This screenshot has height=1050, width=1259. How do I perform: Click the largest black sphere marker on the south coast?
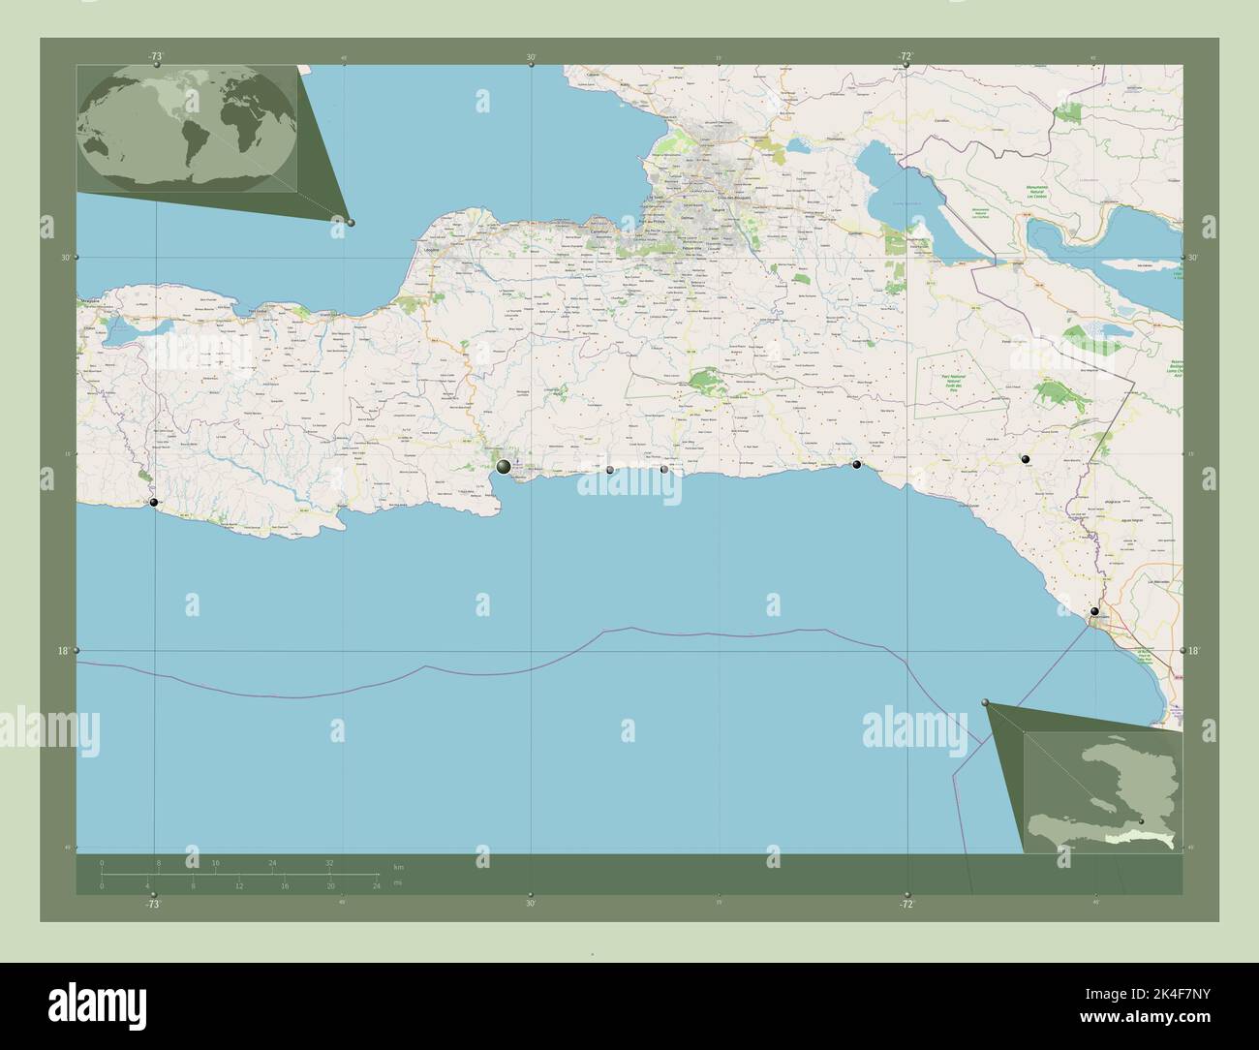(x=504, y=467)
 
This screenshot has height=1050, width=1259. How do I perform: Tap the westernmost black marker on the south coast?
(x=154, y=502)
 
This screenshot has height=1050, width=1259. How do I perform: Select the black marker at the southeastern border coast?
(x=1094, y=611)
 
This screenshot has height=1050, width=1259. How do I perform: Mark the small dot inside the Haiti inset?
(x=1141, y=821)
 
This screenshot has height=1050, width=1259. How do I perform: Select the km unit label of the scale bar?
(x=399, y=865)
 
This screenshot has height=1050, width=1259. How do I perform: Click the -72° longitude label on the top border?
(x=906, y=57)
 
